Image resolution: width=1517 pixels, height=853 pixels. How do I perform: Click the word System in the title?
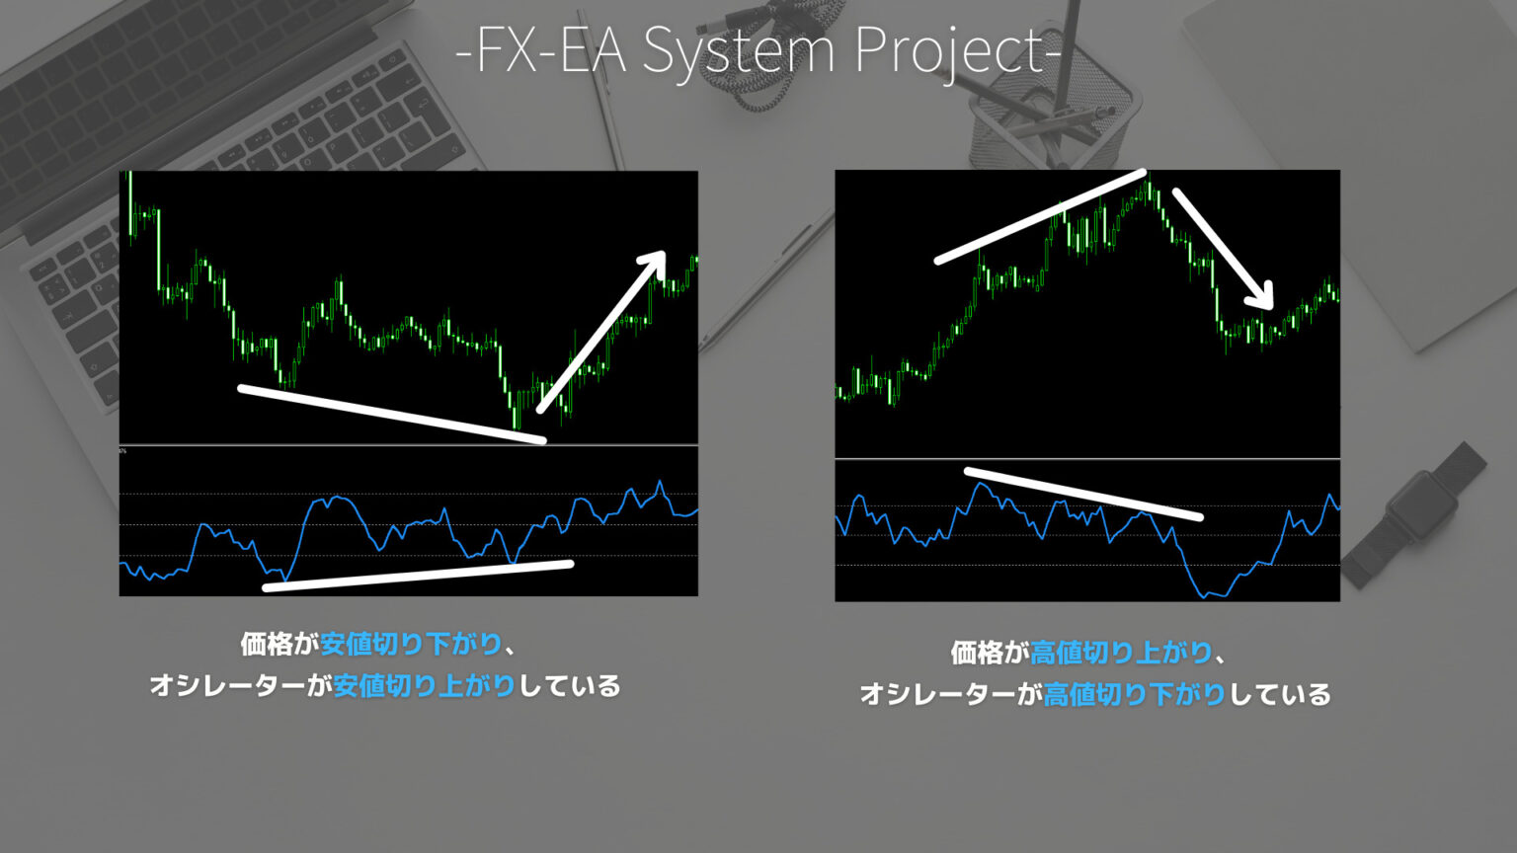click(739, 49)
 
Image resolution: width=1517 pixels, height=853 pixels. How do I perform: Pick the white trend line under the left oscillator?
click(417, 577)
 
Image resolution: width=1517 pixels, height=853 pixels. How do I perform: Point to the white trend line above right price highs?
click(1039, 218)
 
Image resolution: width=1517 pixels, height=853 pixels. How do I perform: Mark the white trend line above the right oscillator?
click(1082, 494)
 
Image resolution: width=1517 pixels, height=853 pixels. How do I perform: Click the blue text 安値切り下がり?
click(412, 645)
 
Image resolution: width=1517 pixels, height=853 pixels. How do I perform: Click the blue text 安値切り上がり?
click(425, 686)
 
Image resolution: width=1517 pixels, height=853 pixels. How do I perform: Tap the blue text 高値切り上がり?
click(1122, 653)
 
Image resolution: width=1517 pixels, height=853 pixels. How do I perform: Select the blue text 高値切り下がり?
click(1135, 694)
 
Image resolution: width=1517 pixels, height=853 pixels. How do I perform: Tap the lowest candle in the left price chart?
click(517, 425)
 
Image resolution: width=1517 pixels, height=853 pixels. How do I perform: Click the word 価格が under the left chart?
click(279, 645)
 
